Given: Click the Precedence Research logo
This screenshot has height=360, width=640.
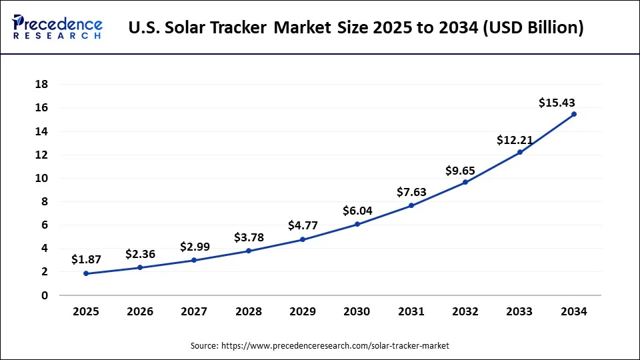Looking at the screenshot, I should click(x=57, y=26).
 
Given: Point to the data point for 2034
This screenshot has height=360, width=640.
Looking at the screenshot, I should click(x=574, y=114).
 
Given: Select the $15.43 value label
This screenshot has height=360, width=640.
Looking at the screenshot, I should click(x=557, y=103).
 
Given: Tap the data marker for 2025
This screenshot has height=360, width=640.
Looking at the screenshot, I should click(x=86, y=273).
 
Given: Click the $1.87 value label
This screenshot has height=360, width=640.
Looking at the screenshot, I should click(x=86, y=259).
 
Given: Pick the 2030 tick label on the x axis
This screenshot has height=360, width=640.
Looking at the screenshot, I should click(x=357, y=311).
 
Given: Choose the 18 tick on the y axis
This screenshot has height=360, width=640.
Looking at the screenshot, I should click(x=41, y=84).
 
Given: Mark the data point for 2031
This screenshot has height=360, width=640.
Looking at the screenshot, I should click(x=411, y=205).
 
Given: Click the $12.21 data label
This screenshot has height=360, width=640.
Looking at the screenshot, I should click(x=515, y=140).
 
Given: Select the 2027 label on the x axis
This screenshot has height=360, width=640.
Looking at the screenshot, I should click(x=194, y=311).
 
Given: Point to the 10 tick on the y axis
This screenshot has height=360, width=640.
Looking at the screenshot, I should click(x=41, y=178).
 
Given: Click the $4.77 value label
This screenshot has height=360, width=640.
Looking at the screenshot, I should click(x=303, y=225).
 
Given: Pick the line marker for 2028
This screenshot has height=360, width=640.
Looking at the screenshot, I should click(x=249, y=251).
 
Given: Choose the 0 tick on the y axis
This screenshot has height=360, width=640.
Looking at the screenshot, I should click(x=45, y=295).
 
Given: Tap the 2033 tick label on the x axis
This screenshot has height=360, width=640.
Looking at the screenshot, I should click(x=519, y=311).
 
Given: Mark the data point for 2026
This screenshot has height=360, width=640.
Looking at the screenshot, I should click(x=140, y=267).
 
